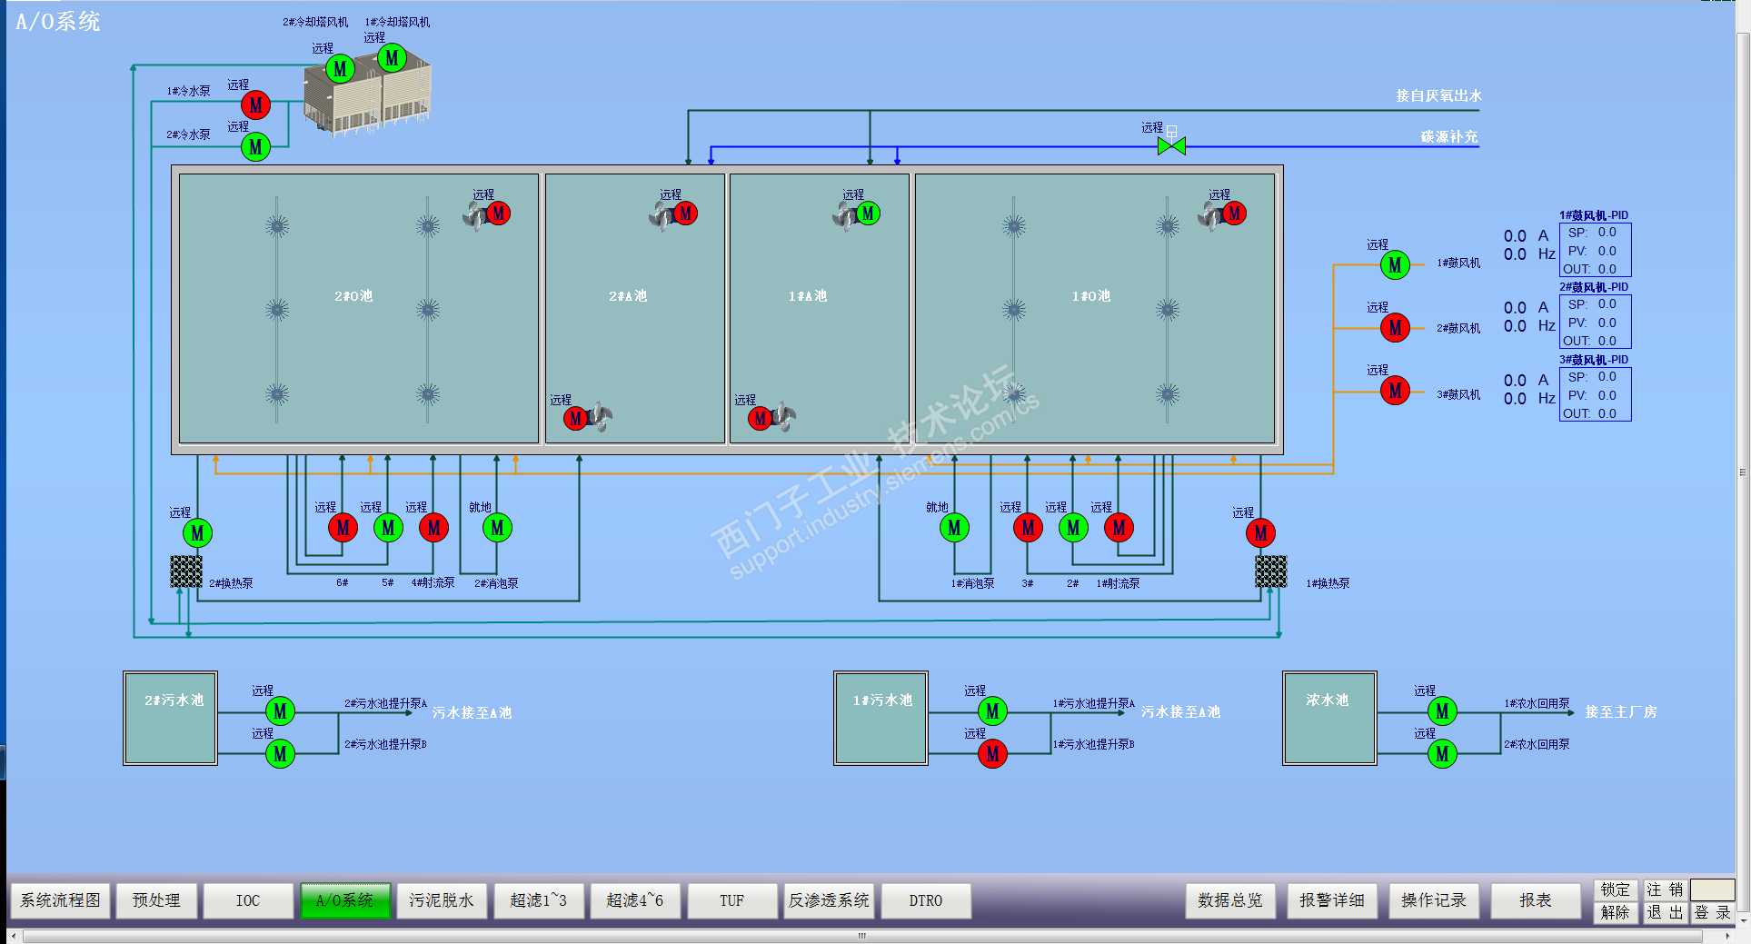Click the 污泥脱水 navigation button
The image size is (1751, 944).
[x=441, y=900]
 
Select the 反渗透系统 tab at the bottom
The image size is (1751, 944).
[x=828, y=900]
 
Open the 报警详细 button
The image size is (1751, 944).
[x=1331, y=900]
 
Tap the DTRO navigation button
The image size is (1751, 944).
[x=925, y=900]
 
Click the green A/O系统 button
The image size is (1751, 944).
[x=344, y=900]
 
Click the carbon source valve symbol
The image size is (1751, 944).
[x=1171, y=145]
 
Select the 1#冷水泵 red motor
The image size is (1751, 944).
[x=255, y=105]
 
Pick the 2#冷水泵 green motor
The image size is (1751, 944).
[x=255, y=147]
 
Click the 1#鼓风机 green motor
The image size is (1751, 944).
[x=1395, y=265]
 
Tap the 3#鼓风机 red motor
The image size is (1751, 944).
[x=1395, y=391]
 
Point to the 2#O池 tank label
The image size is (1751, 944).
[x=353, y=296]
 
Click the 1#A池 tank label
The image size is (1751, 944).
[x=808, y=296]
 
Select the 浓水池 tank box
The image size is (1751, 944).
[x=1328, y=718]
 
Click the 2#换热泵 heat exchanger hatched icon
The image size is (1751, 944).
[x=186, y=571]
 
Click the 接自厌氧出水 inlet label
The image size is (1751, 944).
[x=1438, y=95]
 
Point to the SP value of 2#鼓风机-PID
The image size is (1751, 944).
[x=1607, y=304]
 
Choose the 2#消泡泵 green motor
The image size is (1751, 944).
[x=497, y=528]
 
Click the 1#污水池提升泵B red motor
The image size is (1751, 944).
[x=992, y=753]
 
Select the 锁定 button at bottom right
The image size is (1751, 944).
[x=1615, y=889]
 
